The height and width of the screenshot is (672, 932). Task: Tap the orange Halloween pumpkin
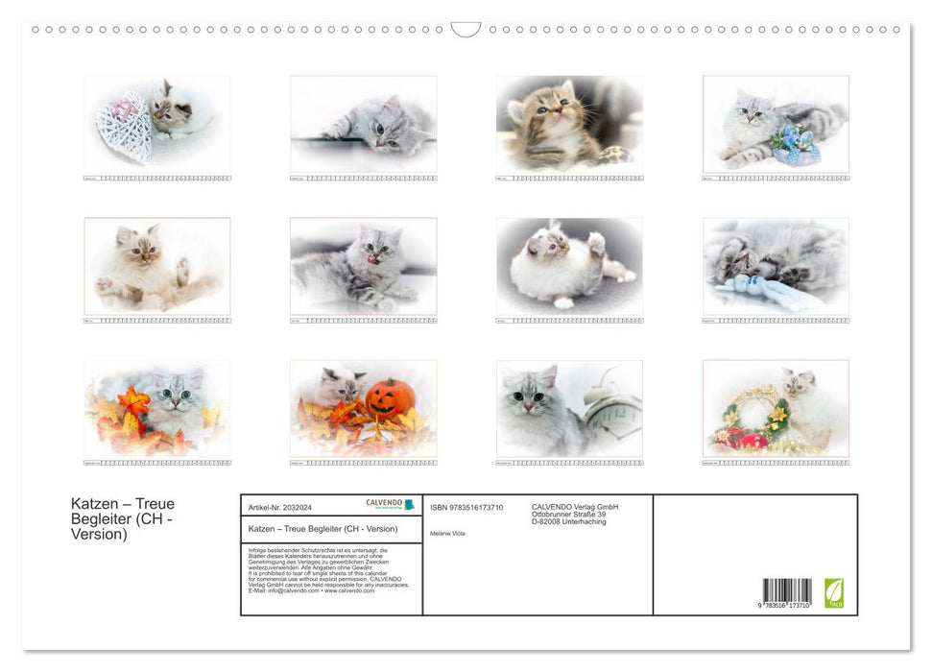coord(391,397)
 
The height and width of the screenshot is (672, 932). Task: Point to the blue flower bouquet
coord(797,144)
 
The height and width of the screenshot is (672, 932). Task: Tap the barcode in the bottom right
coord(787,590)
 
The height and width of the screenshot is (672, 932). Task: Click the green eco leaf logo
coord(834,592)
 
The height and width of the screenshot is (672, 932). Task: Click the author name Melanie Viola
coord(448,533)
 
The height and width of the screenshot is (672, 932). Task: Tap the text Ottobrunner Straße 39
coord(568,515)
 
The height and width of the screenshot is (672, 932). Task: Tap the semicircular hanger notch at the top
coord(466,29)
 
